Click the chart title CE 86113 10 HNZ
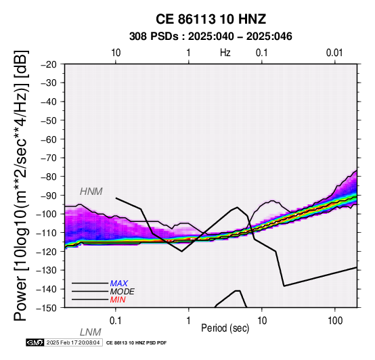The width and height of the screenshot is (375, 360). [211, 19]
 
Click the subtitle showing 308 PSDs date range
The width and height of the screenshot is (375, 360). [211, 37]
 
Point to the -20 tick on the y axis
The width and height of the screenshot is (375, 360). [49, 64]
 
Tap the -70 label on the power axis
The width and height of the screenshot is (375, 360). [49, 158]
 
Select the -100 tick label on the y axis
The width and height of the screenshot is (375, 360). [47, 214]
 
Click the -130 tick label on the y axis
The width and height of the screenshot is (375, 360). [47, 270]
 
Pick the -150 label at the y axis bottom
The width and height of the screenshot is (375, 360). [47, 308]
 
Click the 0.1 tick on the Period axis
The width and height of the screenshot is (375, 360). [116, 321]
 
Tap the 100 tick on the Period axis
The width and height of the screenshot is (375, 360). [335, 321]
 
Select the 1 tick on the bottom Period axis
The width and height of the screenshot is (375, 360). [189, 321]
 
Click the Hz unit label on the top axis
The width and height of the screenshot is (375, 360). [225, 53]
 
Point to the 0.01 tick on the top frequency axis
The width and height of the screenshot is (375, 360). [334, 53]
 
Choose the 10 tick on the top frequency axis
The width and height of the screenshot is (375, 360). [116, 53]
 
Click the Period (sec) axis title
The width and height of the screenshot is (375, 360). [225, 328]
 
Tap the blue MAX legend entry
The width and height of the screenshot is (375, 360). [119, 284]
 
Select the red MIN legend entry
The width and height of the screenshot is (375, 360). [118, 300]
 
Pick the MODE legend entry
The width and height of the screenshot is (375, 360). [123, 292]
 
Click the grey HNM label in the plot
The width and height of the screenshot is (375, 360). [91, 192]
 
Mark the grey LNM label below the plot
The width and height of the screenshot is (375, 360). [91, 332]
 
